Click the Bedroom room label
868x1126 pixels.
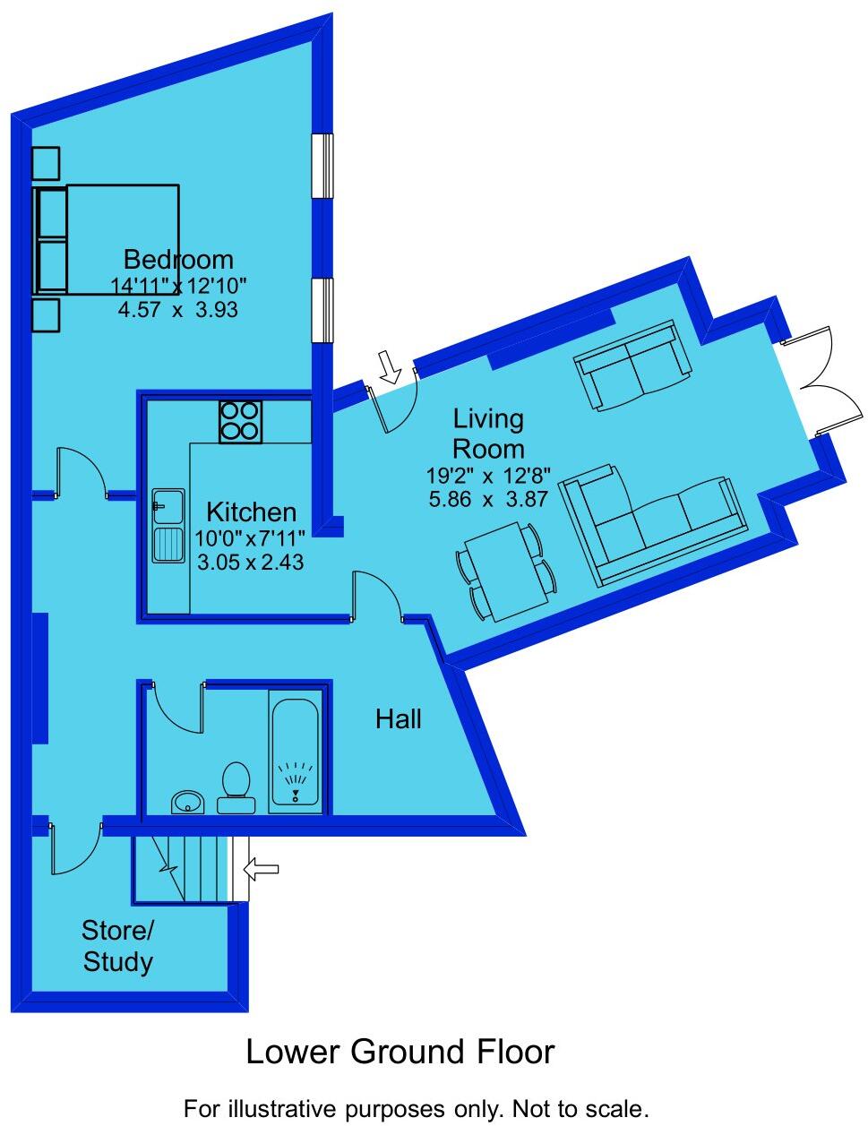(177, 260)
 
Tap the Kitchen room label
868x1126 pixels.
(251, 512)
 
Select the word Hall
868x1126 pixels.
(399, 718)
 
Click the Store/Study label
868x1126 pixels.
(118, 946)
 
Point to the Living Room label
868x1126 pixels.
(488, 433)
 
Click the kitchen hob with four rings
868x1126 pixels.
(241, 421)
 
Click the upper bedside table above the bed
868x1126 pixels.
(46, 163)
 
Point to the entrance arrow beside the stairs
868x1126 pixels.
(262, 868)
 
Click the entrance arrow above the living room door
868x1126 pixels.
(389, 366)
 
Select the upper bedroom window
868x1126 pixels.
(322, 165)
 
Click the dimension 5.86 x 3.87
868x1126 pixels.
(488, 500)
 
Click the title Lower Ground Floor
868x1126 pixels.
(400, 1052)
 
